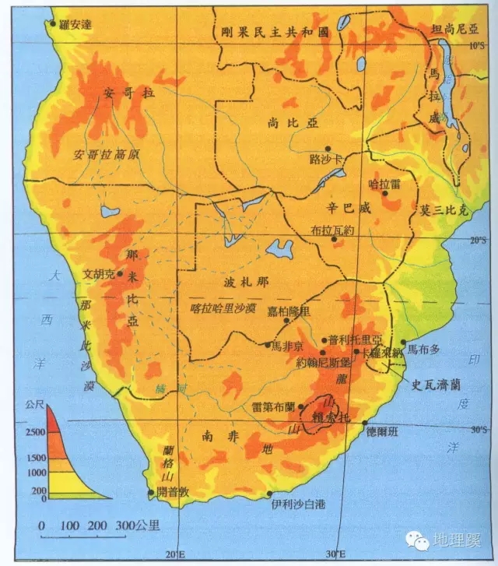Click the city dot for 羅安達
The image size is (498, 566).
(x=54, y=23)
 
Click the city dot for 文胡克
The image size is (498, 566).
(x=120, y=274)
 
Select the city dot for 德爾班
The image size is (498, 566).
(x=365, y=423)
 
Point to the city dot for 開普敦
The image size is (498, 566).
(x=151, y=492)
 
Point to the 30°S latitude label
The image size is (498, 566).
(x=477, y=429)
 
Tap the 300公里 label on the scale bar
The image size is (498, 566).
(x=137, y=526)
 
